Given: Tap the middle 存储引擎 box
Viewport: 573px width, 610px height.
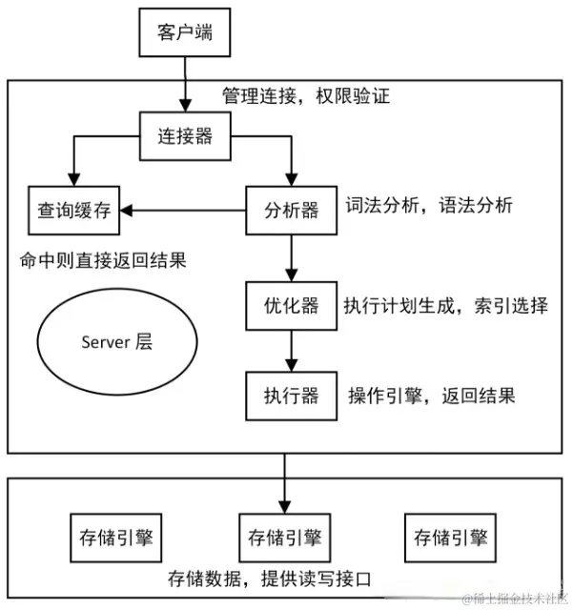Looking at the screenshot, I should [283, 538].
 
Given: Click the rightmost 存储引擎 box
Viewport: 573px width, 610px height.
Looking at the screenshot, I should [450, 538].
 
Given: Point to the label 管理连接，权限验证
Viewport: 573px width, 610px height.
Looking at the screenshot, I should [306, 96].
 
